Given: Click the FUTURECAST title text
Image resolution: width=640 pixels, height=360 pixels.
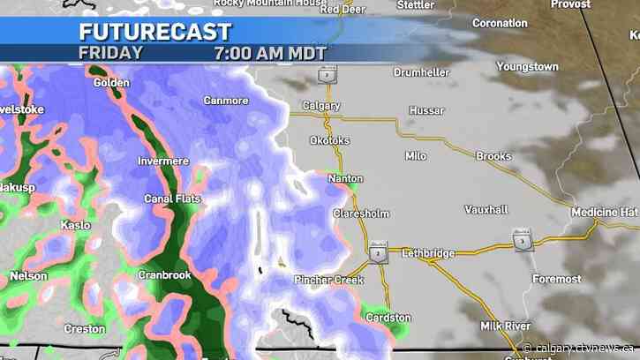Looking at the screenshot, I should [154, 33].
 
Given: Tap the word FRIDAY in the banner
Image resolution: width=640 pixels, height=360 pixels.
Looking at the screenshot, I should [110, 53].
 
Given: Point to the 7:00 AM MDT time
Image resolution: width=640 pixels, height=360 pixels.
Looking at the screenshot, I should [270, 53].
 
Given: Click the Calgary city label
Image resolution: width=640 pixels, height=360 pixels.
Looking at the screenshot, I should [320, 106].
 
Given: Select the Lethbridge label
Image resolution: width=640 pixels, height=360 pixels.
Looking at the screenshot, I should [428, 253].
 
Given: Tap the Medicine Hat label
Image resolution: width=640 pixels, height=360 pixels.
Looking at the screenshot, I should [604, 213].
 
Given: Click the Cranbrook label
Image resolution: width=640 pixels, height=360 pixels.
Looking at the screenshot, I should [164, 275].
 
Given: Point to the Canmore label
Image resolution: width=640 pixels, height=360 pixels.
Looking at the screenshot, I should [226, 101].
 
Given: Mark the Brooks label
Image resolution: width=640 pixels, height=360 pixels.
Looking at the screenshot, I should [493, 156].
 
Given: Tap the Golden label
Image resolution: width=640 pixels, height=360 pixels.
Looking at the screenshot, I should [111, 83].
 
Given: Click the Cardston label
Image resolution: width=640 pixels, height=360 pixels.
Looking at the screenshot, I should [389, 318].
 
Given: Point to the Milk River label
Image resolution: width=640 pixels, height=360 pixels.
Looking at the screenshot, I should [504, 326].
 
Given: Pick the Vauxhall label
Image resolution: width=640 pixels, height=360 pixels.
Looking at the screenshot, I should [486, 210].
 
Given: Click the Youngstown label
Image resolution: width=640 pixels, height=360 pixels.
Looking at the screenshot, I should [527, 67].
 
